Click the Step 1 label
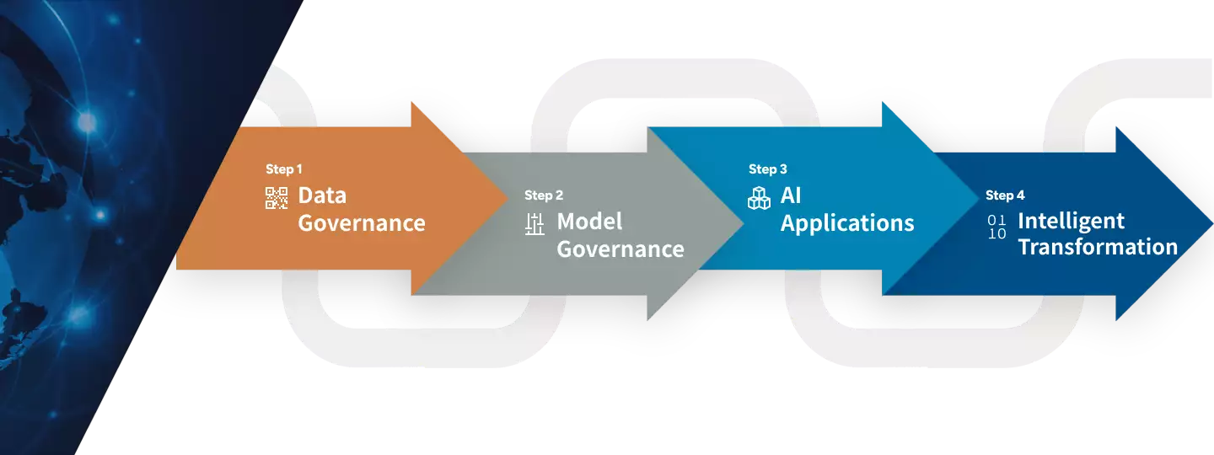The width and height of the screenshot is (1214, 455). [x=283, y=169]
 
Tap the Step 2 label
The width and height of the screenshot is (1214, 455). [x=544, y=195]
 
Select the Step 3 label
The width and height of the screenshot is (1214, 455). [x=767, y=169]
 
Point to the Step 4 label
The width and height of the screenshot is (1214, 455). [x=1005, y=195]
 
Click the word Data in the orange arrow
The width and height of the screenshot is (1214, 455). [x=322, y=195]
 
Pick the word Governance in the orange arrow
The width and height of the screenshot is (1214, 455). [x=361, y=223]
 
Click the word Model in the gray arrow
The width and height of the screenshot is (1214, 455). [x=589, y=222]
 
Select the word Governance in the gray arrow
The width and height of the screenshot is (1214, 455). [x=620, y=249]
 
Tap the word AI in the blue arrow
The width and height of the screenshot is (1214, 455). [x=791, y=195]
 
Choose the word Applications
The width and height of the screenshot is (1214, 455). [x=846, y=223]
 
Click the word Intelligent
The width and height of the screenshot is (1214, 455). [x=1071, y=221]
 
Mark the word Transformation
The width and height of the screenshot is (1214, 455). [x=1097, y=247]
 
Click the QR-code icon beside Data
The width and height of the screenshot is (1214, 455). [x=277, y=198]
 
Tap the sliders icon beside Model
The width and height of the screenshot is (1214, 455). [x=534, y=224]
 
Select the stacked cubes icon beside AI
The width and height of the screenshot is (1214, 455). [x=759, y=198]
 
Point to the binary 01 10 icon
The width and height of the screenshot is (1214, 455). [x=996, y=227]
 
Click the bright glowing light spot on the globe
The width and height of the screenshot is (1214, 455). [x=87, y=124]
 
